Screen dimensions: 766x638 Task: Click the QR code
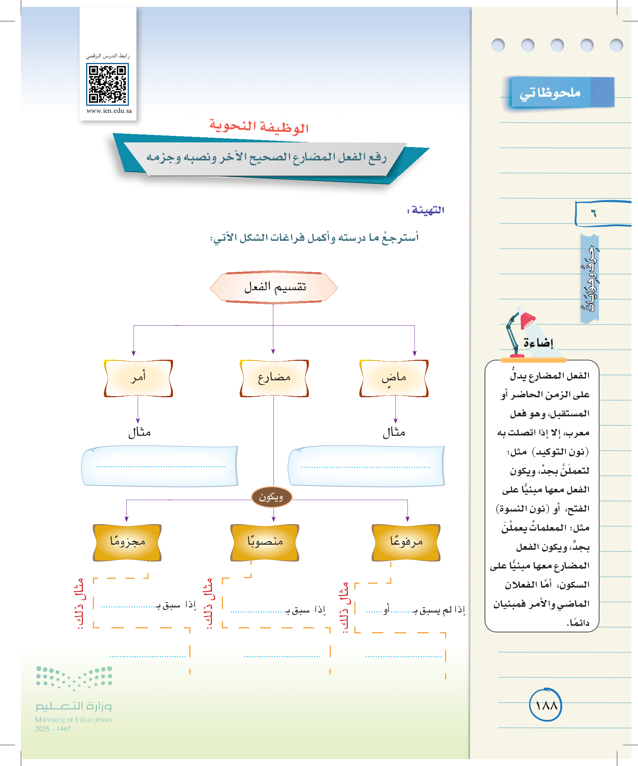click(107, 84)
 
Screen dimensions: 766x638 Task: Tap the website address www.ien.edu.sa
click(109, 111)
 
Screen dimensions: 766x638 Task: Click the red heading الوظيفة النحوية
click(259, 127)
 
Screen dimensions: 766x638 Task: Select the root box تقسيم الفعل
click(274, 287)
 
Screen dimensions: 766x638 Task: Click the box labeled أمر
click(138, 378)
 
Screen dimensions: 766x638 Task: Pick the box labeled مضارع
click(274, 378)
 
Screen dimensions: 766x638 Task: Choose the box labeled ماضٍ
click(394, 378)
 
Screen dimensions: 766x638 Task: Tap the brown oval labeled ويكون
click(272, 497)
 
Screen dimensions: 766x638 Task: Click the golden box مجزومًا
click(127, 542)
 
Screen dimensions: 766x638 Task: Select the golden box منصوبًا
click(265, 542)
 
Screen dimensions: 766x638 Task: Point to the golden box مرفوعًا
click(406, 542)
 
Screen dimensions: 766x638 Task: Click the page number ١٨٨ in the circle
click(546, 705)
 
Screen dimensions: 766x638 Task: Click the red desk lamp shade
click(527, 319)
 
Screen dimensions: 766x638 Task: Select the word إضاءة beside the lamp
click(539, 343)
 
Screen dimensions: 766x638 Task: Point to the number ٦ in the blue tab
click(594, 213)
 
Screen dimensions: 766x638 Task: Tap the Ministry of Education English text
click(73, 719)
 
